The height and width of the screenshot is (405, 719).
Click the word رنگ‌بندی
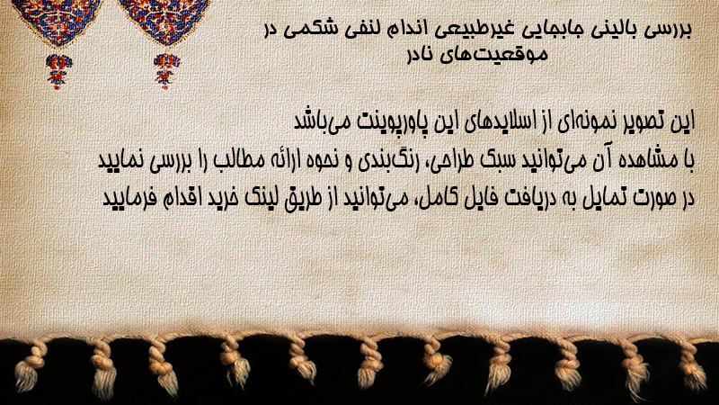[386, 160]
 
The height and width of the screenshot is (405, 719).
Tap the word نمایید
[121, 160]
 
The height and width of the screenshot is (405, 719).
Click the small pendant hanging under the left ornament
[58, 71]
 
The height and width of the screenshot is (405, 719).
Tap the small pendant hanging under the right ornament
[166, 71]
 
